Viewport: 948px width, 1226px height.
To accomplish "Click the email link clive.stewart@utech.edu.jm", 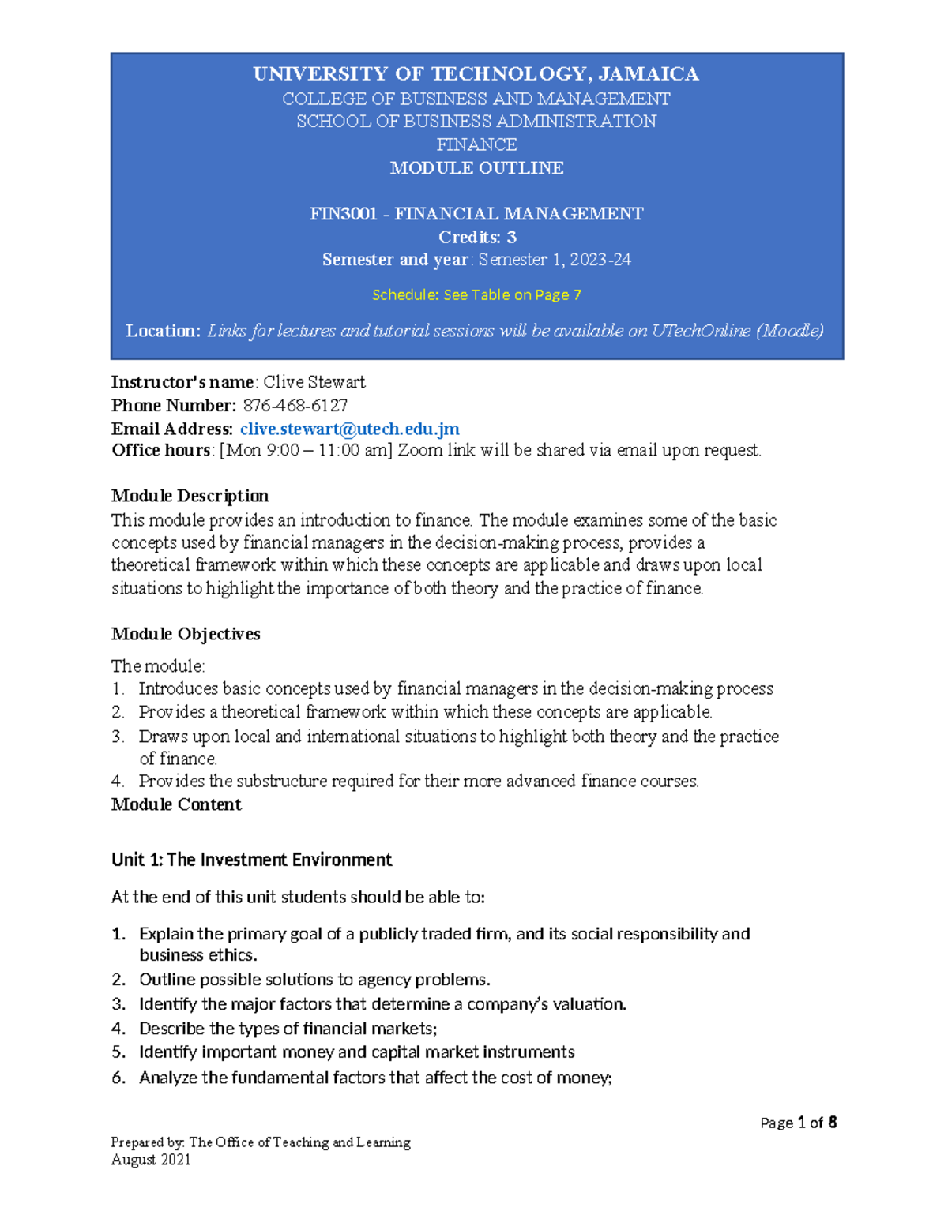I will click(349, 429).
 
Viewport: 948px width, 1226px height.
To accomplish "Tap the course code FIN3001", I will click(343, 214).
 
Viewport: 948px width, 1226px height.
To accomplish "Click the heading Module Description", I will click(190, 496).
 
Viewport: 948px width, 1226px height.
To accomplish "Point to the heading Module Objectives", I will click(186, 634).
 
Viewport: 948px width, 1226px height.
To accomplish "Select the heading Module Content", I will click(176, 804).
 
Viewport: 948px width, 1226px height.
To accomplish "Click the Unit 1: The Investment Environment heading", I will click(251, 860).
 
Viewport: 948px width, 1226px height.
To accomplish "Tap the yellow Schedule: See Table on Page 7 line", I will click(476, 294).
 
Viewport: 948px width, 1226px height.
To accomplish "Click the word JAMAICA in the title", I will click(649, 74).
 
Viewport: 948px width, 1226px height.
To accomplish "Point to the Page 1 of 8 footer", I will click(798, 1123).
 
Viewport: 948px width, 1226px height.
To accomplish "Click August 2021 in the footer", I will click(151, 1160).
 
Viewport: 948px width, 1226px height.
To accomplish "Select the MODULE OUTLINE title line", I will click(476, 168).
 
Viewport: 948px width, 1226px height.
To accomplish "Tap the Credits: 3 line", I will click(476, 237).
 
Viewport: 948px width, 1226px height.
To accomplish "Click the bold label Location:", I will click(164, 331).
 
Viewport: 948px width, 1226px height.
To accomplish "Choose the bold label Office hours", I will click(161, 451).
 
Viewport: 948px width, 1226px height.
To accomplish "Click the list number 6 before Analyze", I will click(118, 1078).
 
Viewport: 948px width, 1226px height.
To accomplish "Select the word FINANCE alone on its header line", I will click(476, 144).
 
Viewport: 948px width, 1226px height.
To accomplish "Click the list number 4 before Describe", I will click(118, 1029).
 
